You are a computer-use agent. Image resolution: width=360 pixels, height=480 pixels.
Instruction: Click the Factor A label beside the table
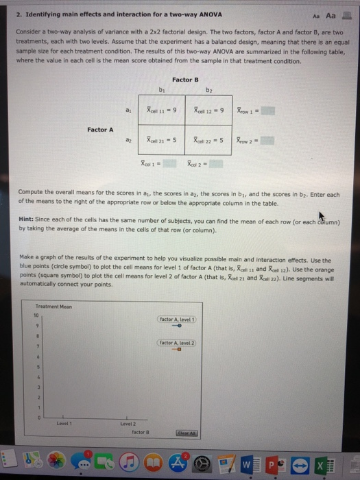coord(101,128)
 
